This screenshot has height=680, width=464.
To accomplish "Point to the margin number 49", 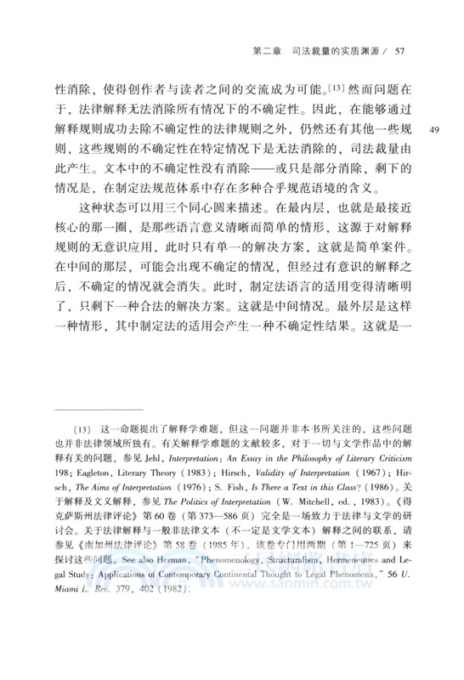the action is click(x=433, y=129).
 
